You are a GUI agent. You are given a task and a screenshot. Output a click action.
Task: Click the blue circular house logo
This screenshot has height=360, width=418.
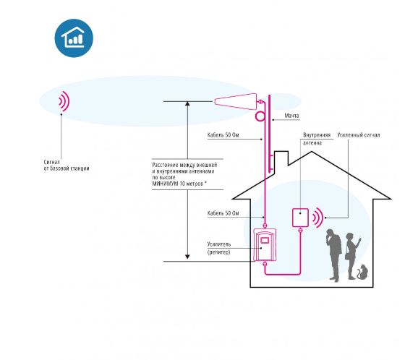pos(74,38)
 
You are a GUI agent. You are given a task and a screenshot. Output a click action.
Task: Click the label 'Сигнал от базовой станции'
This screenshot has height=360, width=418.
pos(67,166)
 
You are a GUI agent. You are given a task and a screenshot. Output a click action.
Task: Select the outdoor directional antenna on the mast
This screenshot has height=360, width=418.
pos(235,101)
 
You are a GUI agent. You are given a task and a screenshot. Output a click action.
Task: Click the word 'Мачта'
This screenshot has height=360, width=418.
pos(291,116)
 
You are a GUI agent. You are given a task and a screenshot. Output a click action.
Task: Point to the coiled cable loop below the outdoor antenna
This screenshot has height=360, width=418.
pos(260,116)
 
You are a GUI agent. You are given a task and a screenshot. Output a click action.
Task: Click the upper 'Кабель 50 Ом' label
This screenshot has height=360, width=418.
pos(223,135)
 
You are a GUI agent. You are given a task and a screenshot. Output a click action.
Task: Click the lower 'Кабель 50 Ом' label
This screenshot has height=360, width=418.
pos(223,213)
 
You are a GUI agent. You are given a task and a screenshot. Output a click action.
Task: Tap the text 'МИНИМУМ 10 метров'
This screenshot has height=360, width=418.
pos(178,184)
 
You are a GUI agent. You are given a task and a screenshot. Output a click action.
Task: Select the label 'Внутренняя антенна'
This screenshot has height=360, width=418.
pos(317,139)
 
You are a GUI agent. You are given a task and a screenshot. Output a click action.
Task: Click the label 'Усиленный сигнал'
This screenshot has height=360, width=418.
pos(359,135)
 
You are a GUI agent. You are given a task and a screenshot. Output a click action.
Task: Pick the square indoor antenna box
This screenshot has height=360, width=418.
pos(300,218)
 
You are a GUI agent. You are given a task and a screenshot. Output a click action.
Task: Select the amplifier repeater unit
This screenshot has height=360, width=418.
pos(265,244)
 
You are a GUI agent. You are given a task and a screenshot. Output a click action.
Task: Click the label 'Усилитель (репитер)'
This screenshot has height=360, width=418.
pos(219,248)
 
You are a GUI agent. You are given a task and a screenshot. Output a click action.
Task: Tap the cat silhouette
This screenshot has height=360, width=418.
pos(362,272)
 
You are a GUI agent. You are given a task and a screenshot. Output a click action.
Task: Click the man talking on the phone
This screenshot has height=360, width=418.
pos(334,255)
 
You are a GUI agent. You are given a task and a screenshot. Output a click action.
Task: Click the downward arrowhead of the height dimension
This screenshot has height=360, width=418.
pos(187,257)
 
